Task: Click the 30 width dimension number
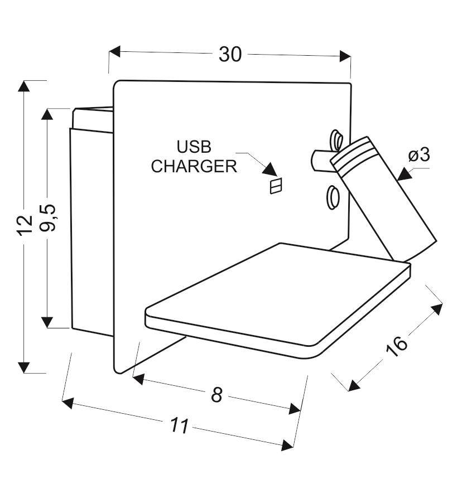click(230, 54)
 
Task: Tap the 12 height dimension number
click(25, 225)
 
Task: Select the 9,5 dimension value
click(48, 218)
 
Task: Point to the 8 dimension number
click(216, 394)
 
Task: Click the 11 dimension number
click(180, 425)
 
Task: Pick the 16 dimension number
click(397, 346)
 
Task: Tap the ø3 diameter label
click(419, 155)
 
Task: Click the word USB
click(194, 147)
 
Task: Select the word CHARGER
click(194, 166)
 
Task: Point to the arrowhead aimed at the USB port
click(271, 169)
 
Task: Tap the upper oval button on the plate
click(336, 140)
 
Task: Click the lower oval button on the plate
click(333, 197)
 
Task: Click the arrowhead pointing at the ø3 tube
click(405, 174)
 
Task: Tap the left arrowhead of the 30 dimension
click(115, 51)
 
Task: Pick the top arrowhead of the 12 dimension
click(23, 86)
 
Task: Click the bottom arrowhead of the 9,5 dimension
click(47, 322)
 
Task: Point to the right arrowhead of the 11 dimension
click(287, 445)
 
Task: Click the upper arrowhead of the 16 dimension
click(437, 309)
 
